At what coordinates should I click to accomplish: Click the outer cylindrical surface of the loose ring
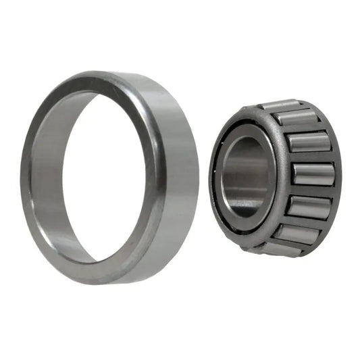point(177,169)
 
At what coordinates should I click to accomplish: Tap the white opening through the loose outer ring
point(101,176)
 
